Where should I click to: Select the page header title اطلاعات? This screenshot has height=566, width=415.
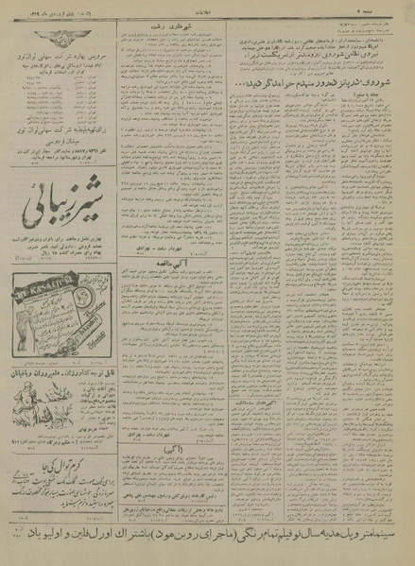tap(207, 7)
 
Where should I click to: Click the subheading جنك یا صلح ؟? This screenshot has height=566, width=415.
tap(376, 121)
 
